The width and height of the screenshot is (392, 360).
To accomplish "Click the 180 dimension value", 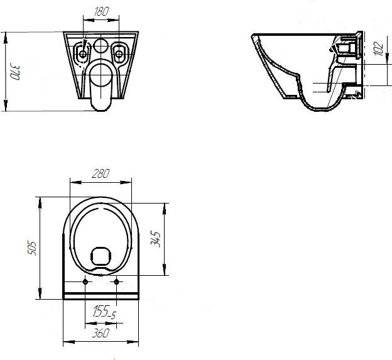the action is click(x=101, y=11).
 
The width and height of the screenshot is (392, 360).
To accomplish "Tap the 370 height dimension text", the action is click(x=14, y=72).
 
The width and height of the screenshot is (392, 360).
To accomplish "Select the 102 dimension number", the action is click(x=379, y=48).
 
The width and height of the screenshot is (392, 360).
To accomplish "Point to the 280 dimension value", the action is click(x=101, y=173).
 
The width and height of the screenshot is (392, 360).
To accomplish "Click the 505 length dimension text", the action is click(x=32, y=248).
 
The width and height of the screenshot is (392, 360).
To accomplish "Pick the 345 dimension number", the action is click(x=156, y=239).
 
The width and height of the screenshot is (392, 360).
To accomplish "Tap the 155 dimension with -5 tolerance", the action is click(x=104, y=312).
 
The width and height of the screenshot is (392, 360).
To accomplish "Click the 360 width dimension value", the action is click(x=101, y=333).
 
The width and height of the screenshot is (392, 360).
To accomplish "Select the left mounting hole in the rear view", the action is click(x=82, y=54).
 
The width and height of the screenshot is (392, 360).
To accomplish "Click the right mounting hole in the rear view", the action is click(x=119, y=54).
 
